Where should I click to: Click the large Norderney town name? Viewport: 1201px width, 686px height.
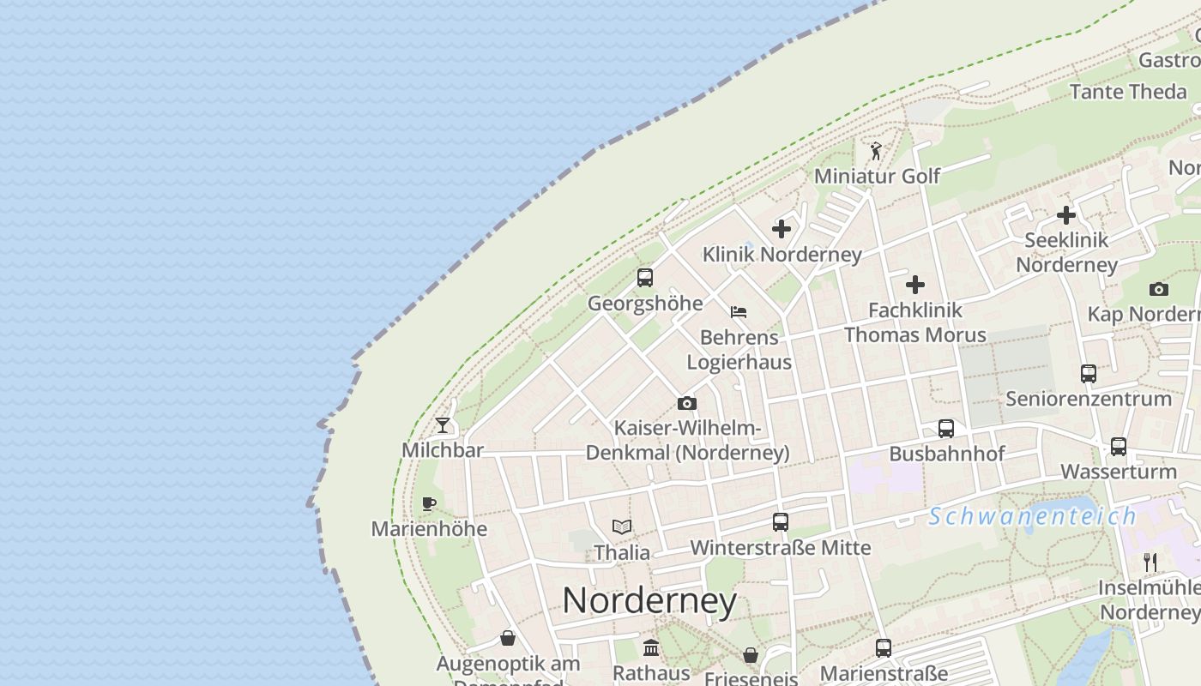click(x=649, y=600)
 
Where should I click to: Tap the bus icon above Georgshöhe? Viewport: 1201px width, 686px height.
click(x=645, y=278)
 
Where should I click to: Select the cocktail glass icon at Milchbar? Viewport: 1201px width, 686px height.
click(x=443, y=424)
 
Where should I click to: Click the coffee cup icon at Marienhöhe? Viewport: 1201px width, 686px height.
click(x=429, y=503)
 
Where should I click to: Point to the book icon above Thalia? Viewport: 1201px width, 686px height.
click(x=622, y=527)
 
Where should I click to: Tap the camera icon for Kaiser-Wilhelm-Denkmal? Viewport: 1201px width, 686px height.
click(x=686, y=403)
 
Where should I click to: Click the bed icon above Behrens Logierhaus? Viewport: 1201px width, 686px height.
click(x=739, y=312)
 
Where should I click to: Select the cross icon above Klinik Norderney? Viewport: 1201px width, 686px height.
click(x=782, y=229)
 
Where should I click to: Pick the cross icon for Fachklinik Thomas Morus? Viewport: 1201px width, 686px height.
click(x=915, y=285)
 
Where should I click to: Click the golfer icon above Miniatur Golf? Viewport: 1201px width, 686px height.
click(x=876, y=152)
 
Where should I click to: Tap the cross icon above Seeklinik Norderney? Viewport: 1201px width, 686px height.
click(x=1066, y=215)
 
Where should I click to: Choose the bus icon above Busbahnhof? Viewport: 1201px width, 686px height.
click(x=946, y=429)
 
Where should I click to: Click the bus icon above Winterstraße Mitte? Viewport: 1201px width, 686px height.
click(x=781, y=522)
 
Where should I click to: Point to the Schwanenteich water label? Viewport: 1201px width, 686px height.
click(x=1033, y=516)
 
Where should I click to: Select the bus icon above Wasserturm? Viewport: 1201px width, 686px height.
click(x=1119, y=447)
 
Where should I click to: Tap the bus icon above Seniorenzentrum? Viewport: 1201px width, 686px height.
click(x=1089, y=374)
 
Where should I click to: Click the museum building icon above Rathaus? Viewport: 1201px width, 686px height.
click(x=651, y=647)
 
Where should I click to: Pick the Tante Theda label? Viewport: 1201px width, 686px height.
click(x=1128, y=91)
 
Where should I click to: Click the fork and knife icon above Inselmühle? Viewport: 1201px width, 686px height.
click(x=1150, y=563)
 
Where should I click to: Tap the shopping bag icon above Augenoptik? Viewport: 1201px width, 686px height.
click(x=508, y=639)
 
